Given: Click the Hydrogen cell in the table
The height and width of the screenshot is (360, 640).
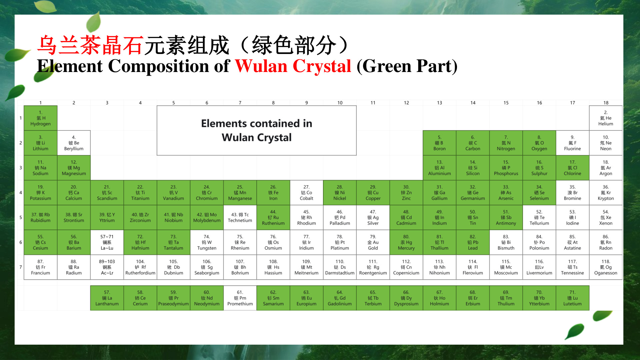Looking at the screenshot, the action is [41, 118].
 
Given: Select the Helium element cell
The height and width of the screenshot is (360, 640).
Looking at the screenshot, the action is [606, 118].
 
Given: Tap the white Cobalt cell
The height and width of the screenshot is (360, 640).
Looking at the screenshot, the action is [306, 193].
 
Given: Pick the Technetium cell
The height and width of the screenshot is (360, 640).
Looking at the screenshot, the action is [240, 217].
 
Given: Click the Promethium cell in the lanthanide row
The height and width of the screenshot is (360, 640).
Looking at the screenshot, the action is [240, 298].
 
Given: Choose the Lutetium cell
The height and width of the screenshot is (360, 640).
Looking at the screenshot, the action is [572, 298].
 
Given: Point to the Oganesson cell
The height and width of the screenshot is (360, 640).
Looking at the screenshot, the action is [606, 267].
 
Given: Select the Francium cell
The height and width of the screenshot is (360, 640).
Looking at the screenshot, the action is [41, 267].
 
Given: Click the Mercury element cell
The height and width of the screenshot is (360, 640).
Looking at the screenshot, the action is [406, 242].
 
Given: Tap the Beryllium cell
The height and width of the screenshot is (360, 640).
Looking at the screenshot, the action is [74, 143].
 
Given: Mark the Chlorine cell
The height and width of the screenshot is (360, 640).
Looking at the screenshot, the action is [572, 168].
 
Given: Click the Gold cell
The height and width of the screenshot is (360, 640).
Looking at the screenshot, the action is [373, 242].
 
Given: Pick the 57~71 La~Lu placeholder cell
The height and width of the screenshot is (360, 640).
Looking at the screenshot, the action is [107, 242].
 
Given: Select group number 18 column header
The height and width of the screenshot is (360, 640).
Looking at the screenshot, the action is [606, 103].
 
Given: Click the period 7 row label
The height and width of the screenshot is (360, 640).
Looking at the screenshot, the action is [21, 267].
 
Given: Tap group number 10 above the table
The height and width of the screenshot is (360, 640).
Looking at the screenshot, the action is [340, 103].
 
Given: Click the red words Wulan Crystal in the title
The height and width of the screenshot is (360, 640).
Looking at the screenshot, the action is [293, 66].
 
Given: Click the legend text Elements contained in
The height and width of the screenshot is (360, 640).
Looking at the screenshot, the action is [257, 124].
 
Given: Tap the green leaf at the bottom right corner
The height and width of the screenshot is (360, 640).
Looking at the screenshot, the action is [574, 331].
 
